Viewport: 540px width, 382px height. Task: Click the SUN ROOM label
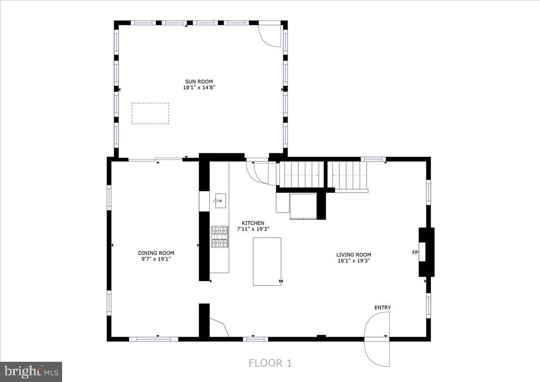tap(198, 81)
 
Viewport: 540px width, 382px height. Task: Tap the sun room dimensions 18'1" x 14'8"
tap(198, 88)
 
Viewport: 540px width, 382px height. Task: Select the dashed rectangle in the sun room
tap(150, 113)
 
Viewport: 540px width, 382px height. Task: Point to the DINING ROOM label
tap(156, 253)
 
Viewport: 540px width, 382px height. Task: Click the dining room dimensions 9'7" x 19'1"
tap(156, 259)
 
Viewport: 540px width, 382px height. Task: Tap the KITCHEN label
tap(253, 223)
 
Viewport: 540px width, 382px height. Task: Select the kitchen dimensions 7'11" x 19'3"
tap(253, 229)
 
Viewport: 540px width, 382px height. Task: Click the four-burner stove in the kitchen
tap(220, 237)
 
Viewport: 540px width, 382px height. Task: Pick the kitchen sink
tap(220, 200)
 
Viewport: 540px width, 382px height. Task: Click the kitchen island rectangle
tap(267, 261)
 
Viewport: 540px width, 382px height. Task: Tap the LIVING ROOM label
tap(354, 254)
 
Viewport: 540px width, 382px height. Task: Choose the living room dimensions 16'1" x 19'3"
tap(354, 261)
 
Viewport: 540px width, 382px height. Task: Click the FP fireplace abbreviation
tap(415, 253)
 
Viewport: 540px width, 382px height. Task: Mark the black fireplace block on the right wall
tap(427, 252)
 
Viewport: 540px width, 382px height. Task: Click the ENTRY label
tap(382, 307)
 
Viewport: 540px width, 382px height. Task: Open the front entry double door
tap(377, 339)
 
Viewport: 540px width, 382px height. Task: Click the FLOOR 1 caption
tap(270, 363)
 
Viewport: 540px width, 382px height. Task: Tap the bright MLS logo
tap(31, 372)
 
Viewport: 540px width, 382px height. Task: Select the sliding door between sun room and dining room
tap(156, 159)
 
